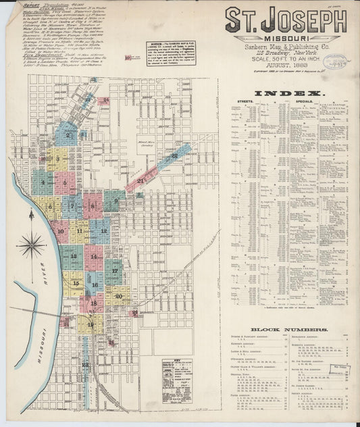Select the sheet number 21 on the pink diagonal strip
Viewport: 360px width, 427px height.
[140, 180]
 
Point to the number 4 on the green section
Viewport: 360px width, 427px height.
[43, 182]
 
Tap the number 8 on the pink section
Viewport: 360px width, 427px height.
[93, 205]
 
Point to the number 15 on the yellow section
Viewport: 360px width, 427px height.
[76, 283]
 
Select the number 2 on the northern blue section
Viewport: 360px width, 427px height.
[68, 134]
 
